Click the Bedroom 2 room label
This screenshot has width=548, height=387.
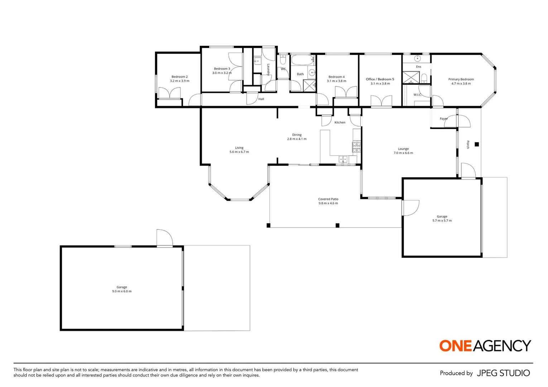[x=179, y=77]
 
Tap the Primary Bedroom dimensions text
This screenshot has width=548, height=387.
[x=461, y=83]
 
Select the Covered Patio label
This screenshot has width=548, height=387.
[x=328, y=199]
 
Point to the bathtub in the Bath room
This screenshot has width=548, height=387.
[x=302, y=59]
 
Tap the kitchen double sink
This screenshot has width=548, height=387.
[x=343, y=159]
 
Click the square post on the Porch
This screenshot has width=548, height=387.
[x=477, y=144]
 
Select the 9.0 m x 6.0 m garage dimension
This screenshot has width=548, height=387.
[x=122, y=291]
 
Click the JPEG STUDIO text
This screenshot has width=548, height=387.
[x=503, y=373]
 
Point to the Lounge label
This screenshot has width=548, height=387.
[x=403, y=149]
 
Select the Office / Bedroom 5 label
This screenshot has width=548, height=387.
[x=380, y=79]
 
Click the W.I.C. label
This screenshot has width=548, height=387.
[x=417, y=95]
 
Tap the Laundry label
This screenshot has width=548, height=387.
[x=268, y=70]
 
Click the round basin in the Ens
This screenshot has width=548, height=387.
[x=417, y=58]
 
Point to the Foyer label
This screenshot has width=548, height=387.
[x=443, y=119]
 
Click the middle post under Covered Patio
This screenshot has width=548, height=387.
[x=337, y=225]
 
